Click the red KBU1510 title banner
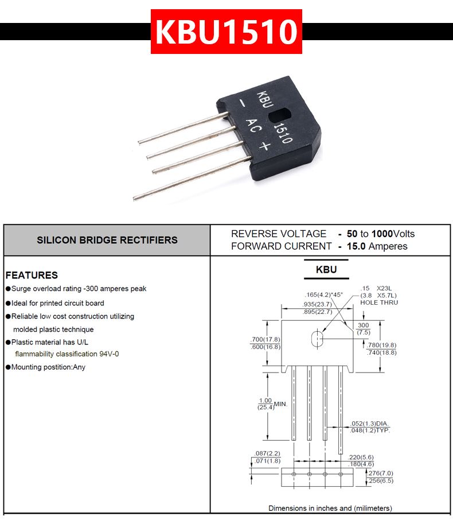coord(226,31)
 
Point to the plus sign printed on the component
coord(265,145)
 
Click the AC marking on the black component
coord(253,126)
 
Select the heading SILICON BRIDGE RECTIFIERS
coord(107,240)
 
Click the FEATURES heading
coord(32,275)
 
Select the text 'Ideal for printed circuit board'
coord(57,303)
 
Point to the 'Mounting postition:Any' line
coord(48,367)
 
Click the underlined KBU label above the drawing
coord(326,270)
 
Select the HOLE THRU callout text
coord(379,302)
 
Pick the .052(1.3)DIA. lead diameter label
coord(369,424)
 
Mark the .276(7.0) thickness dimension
coord(380,473)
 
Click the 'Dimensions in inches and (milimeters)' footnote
coord(330,508)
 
